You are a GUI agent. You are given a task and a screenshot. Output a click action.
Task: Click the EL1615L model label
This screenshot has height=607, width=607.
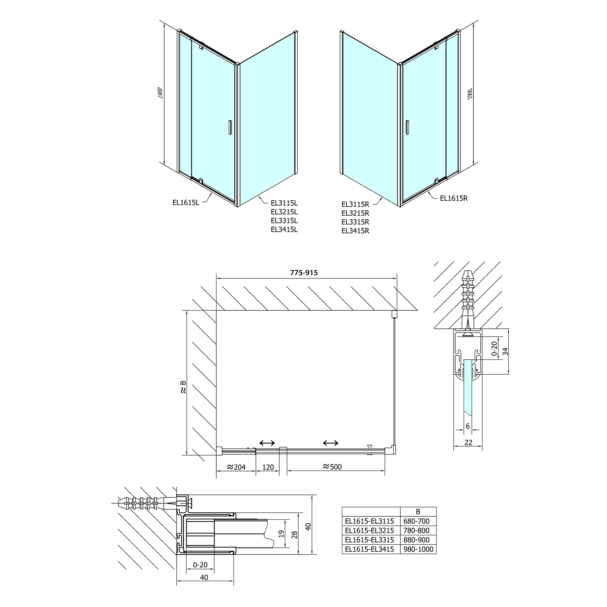pyautogui.click(x=185, y=203)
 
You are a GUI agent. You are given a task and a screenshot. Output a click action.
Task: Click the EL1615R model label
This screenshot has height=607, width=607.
pyautogui.click(x=454, y=198)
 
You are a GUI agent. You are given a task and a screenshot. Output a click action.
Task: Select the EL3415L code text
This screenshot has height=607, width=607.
pyautogui.click(x=284, y=229)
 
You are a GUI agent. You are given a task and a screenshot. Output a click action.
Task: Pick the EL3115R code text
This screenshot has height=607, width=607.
pyautogui.click(x=355, y=204)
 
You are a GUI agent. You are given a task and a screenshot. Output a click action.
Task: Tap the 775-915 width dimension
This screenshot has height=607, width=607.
pyautogui.click(x=304, y=273)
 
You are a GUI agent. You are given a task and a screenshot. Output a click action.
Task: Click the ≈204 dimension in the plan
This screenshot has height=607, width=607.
pyautogui.click(x=236, y=467)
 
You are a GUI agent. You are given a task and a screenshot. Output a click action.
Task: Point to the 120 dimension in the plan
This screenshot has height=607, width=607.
pyautogui.click(x=268, y=467)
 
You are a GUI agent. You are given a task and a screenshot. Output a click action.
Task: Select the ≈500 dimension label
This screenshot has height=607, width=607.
pyautogui.click(x=332, y=467)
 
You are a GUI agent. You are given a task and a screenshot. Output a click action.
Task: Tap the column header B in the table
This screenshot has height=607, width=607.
pyautogui.click(x=418, y=511)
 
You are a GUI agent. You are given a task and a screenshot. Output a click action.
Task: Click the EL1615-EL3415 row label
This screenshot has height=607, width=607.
pyautogui.click(x=369, y=549)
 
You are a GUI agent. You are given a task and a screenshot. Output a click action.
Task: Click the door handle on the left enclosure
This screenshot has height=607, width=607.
pyautogui.click(x=229, y=127)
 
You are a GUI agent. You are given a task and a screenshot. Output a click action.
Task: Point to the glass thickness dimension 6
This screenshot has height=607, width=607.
pyautogui.click(x=468, y=426)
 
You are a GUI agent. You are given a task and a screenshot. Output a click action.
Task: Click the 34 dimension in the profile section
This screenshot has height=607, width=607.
pyautogui.click(x=505, y=351)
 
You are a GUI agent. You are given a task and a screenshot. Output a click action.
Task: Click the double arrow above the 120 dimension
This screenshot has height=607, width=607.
pyautogui.click(x=267, y=443)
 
